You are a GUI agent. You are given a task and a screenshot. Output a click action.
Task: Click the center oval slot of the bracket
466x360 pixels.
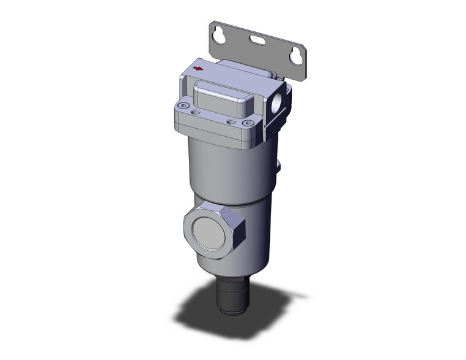(256, 43)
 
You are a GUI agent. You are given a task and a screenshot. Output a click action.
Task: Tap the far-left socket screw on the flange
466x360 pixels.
(181, 108)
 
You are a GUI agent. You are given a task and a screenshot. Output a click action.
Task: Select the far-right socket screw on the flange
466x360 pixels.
(248, 123)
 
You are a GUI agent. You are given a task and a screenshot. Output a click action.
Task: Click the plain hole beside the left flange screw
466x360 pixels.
(196, 113)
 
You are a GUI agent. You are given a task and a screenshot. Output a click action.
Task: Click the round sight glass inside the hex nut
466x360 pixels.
(208, 232)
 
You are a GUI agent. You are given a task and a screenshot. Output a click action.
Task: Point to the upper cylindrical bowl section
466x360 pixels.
(227, 172)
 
